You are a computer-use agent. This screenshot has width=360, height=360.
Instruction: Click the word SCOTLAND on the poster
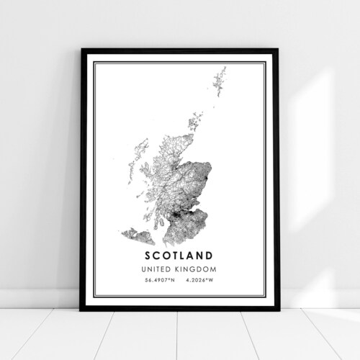coord(181,254)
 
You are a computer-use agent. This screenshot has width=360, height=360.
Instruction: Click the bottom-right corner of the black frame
coord(278,309)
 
